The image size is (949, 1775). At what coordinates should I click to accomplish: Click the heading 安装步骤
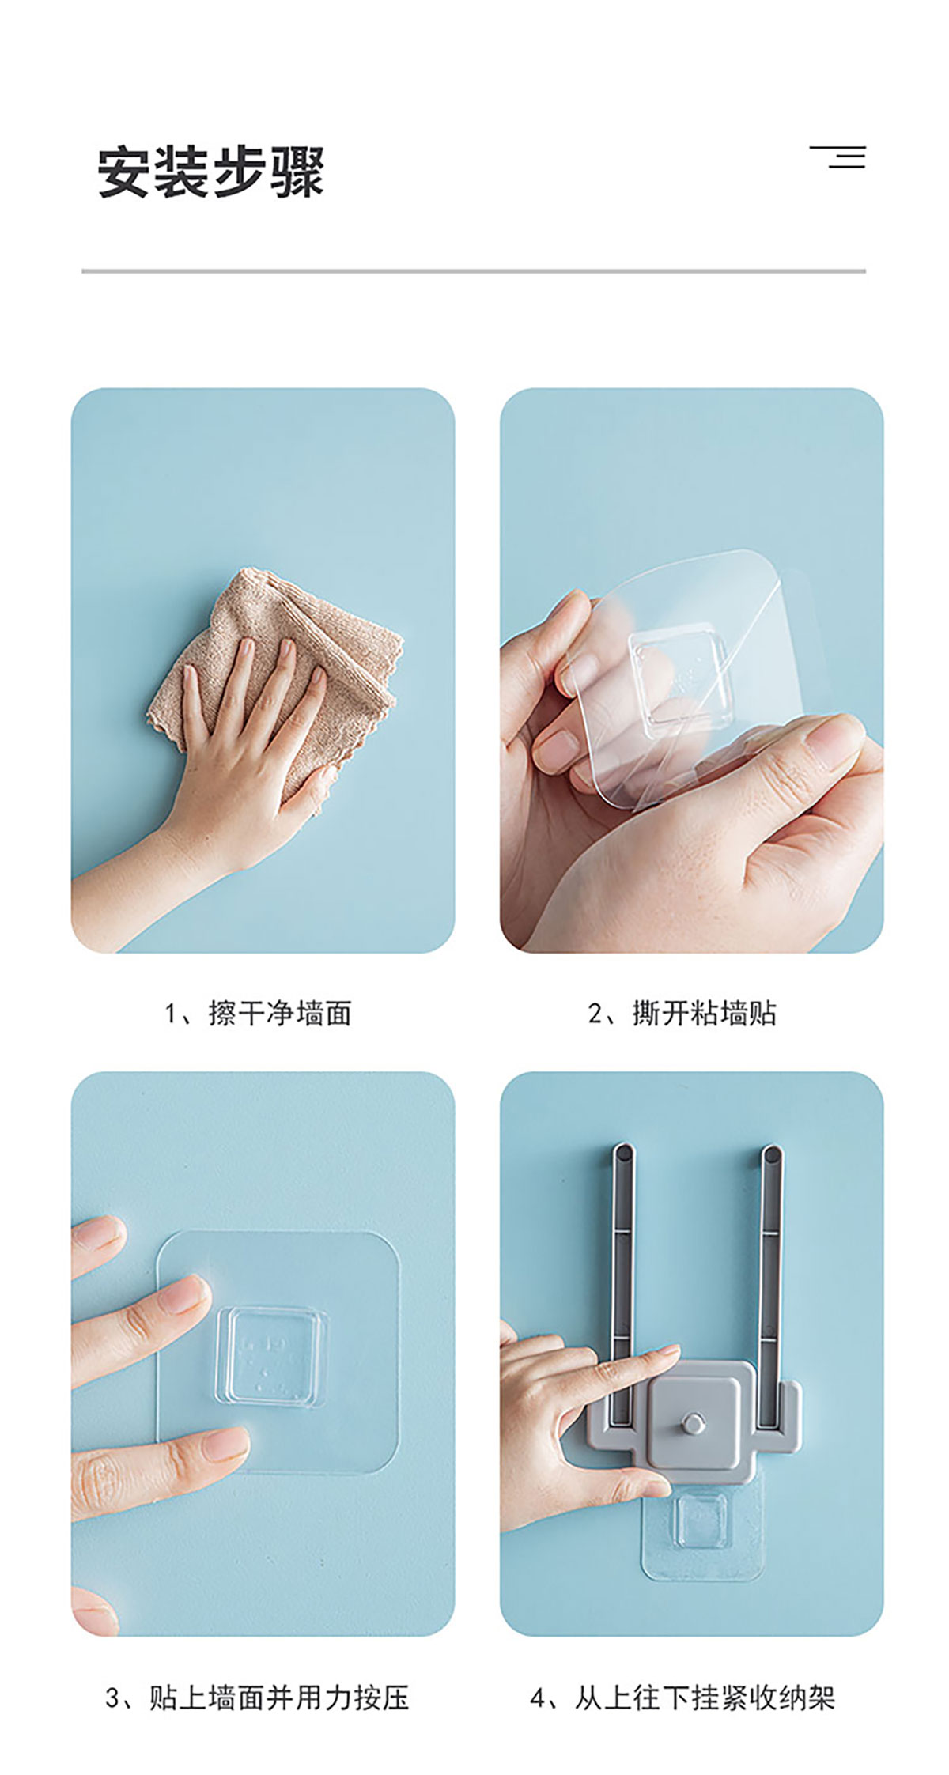(211, 172)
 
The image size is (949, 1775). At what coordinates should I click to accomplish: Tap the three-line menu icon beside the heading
(837, 157)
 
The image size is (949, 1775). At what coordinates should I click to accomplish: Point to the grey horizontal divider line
(474, 271)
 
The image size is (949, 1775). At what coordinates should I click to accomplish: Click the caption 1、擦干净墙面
(258, 1013)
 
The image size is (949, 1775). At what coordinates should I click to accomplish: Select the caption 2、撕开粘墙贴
(682, 1013)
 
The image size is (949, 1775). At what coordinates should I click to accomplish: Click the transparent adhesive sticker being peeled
(688, 672)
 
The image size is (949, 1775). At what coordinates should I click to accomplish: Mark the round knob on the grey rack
(694, 1424)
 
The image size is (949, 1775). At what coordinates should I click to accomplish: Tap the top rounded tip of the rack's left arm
(622, 1150)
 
